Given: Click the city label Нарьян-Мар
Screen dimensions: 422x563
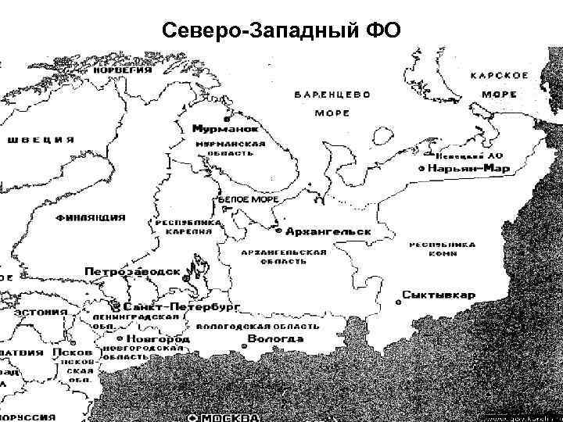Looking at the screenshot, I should pos(468,168).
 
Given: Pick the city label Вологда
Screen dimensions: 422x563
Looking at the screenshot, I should pos(275,339).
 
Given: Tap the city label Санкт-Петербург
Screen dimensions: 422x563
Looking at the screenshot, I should pos(181,306).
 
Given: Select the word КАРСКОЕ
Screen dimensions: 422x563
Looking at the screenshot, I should pos(499,75).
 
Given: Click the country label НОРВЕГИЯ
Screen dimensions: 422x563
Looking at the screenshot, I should pos(123,70).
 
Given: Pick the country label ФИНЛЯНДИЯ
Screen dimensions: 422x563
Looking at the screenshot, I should pos(91,217).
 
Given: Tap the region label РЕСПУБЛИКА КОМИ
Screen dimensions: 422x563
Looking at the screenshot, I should pos(443,249).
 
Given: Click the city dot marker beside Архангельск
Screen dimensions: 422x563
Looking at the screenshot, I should pos(278,231).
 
